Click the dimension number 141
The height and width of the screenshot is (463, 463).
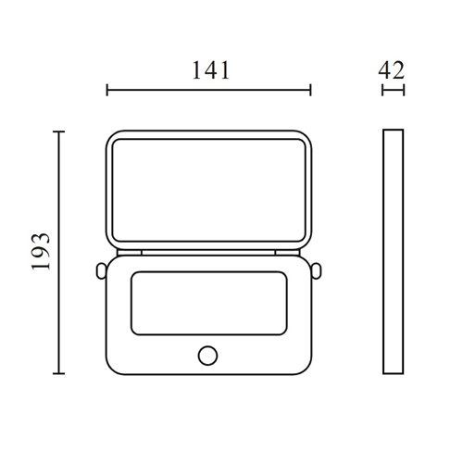pyautogui.click(x=211, y=70)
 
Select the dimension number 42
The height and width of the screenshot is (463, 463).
pyautogui.click(x=391, y=70)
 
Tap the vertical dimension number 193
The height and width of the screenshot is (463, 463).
pyautogui.click(x=41, y=252)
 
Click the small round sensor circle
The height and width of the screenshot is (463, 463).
pyautogui.click(x=207, y=356)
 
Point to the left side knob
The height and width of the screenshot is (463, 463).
pyautogui.click(x=101, y=271)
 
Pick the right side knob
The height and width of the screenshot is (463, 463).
pyautogui.click(x=316, y=271)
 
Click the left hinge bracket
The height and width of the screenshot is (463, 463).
pyautogui.click(x=130, y=253)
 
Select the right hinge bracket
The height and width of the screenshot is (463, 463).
pyautogui.click(x=287, y=253)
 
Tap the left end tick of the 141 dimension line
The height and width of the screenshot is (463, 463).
pyautogui.click(x=107, y=90)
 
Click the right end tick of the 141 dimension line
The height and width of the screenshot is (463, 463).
pyautogui.click(x=310, y=90)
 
